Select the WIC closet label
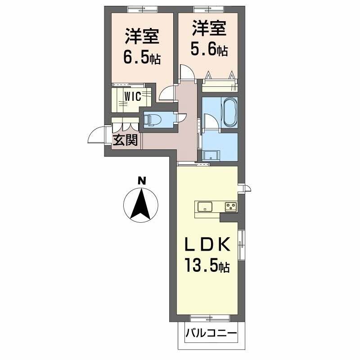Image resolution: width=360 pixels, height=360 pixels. [133, 96]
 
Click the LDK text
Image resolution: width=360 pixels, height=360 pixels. [208, 246]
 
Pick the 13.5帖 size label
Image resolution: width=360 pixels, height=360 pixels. [207, 266]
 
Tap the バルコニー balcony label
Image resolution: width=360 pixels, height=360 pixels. [211, 335]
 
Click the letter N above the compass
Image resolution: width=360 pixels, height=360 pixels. [142, 181]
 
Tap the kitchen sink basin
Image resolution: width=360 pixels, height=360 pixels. [205, 207]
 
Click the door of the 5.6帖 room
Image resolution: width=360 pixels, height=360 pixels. [186, 72]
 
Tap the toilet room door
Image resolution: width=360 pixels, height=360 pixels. [182, 117]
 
